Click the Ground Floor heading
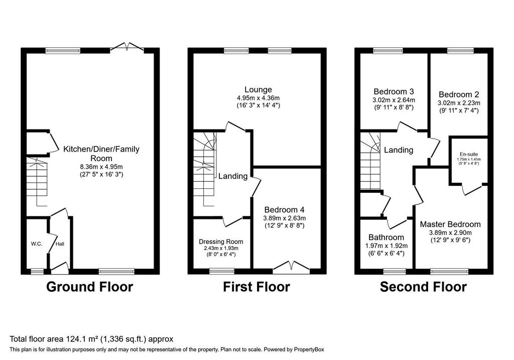[89, 287]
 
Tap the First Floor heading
[256, 287]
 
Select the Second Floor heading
[423, 287]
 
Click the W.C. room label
[37, 244]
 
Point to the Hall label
[60, 244]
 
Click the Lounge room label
[259, 89]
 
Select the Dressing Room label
[221, 242]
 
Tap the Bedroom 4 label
[285, 209]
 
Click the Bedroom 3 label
[394, 91]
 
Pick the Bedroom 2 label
[459, 94]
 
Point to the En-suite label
[469, 154]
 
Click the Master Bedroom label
[450, 224]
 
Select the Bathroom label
[386, 237]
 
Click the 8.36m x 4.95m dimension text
[101, 167]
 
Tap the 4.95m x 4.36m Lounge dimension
[259, 98]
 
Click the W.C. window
[37, 271]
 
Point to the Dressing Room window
[222, 271]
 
